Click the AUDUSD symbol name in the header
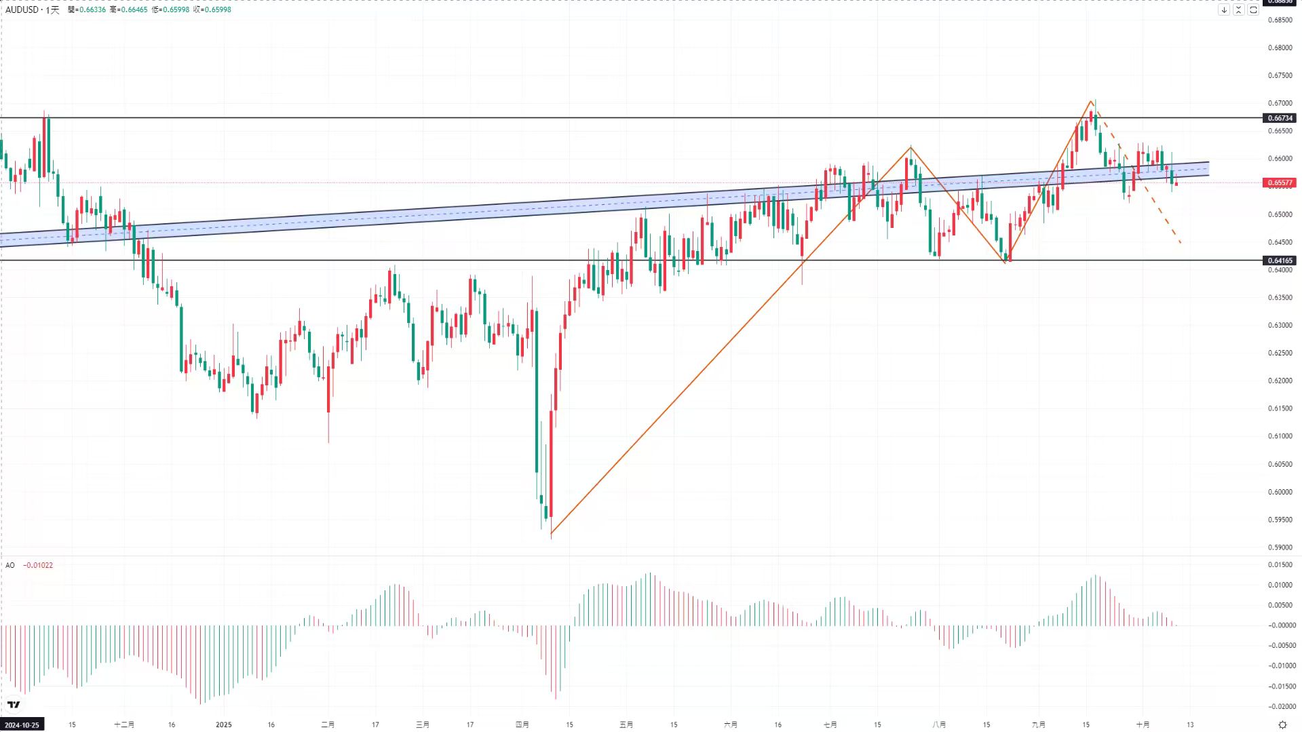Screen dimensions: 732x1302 pyautogui.click(x=21, y=9)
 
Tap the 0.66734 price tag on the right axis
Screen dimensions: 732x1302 pyautogui.click(x=1280, y=118)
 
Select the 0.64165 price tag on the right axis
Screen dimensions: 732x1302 pyautogui.click(x=1280, y=261)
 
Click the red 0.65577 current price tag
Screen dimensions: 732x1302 pyautogui.click(x=1280, y=182)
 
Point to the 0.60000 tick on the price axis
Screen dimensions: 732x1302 pyautogui.click(x=1280, y=492)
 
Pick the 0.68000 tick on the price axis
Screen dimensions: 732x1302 pyautogui.click(x=1280, y=48)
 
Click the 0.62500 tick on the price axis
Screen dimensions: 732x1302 pyautogui.click(x=1280, y=353)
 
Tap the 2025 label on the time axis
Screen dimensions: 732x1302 pyautogui.click(x=223, y=725)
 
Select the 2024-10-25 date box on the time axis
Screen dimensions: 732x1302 pyautogui.click(x=22, y=725)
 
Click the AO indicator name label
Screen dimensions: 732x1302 pyautogui.click(x=10, y=565)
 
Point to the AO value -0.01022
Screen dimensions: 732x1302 pyautogui.click(x=38, y=565)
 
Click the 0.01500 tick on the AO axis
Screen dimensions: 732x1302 pyautogui.click(x=1280, y=564)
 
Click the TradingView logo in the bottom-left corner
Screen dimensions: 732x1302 pyautogui.click(x=14, y=705)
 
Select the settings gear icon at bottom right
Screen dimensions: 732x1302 pyautogui.click(x=1282, y=725)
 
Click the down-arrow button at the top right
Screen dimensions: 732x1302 pyautogui.click(x=1224, y=9)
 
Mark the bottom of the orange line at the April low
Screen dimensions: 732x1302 pyautogui.click(x=551, y=534)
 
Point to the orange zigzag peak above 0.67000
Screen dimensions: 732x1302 pyautogui.click(x=1091, y=101)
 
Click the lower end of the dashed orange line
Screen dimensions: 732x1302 pyautogui.click(x=1181, y=243)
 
